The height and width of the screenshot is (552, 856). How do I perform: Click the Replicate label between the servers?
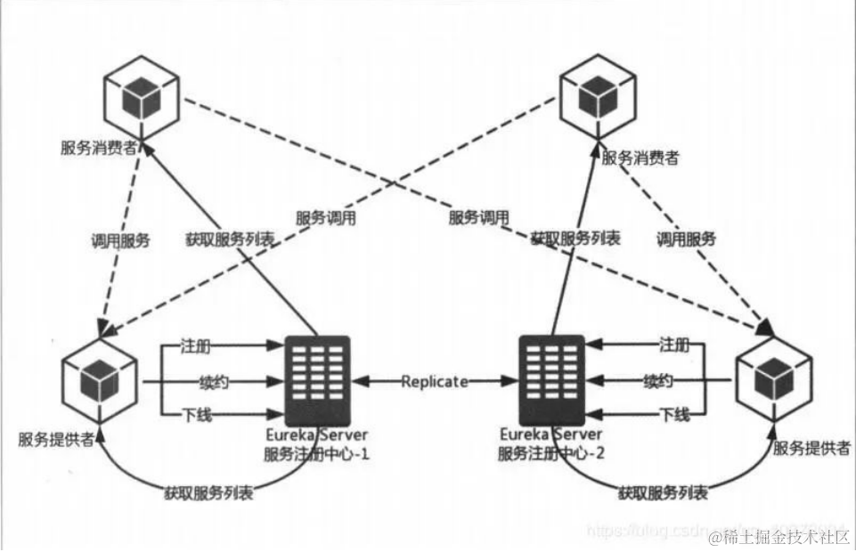(435, 381)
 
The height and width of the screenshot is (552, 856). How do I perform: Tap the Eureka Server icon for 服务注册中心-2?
(551, 380)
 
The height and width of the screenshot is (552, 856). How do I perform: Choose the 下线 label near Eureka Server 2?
(674, 414)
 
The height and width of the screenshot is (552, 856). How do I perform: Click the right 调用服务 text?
(686, 239)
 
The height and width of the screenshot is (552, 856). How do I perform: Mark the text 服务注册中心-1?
(312, 453)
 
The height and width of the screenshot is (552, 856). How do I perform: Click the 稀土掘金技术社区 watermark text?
(782, 537)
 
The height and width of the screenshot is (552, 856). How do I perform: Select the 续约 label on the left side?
(216, 381)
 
